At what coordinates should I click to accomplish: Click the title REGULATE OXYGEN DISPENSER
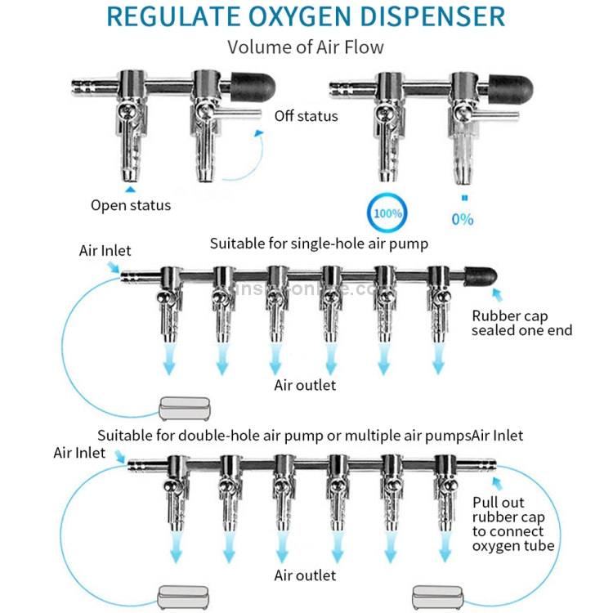(x=306, y=16)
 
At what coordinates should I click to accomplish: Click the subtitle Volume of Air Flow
(x=305, y=47)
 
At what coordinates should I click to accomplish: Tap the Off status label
(x=306, y=116)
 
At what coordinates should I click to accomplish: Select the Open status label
(x=131, y=205)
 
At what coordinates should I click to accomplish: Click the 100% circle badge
(x=388, y=214)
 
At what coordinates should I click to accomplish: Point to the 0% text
(x=462, y=219)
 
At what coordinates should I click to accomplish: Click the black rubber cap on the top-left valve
(x=250, y=83)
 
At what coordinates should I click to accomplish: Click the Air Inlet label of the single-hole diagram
(x=105, y=251)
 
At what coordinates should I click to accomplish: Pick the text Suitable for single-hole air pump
(x=319, y=244)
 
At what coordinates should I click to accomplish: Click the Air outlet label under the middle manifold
(x=305, y=385)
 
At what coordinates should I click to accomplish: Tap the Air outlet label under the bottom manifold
(x=305, y=575)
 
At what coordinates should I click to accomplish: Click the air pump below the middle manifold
(x=183, y=406)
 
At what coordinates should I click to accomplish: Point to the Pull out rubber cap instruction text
(x=514, y=524)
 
